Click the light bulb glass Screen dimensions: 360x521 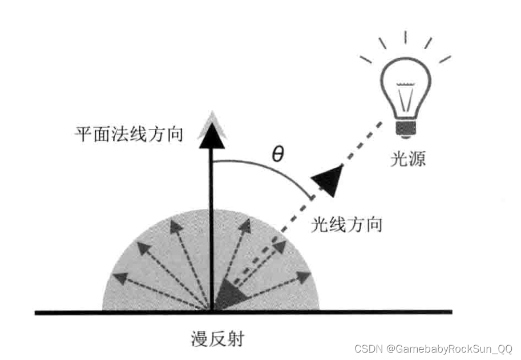tap(405, 86)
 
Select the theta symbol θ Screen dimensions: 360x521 tap(277, 154)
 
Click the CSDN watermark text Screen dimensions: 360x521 tap(433, 348)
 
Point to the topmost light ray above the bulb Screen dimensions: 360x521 tap(405, 37)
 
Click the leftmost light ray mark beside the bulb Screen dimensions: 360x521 tap(366, 59)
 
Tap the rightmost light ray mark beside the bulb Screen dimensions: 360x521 tap(445, 58)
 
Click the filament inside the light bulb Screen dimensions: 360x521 tap(405, 97)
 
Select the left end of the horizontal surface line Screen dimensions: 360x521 tap(38, 312)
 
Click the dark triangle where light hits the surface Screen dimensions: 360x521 tap(228, 294)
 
